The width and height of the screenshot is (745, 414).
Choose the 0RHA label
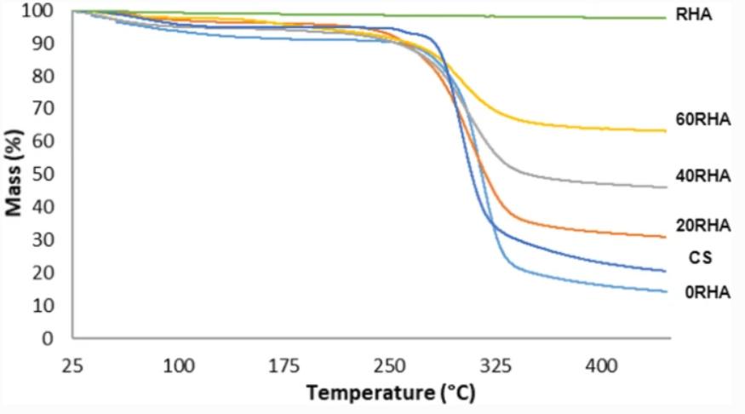(x=707, y=293)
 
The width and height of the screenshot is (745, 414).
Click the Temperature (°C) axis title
(x=391, y=393)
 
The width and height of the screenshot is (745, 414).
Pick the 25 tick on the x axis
(x=73, y=365)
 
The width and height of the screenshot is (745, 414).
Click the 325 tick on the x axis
(x=496, y=365)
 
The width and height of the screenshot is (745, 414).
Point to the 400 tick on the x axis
(x=601, y=365)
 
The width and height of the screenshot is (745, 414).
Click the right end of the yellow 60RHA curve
(x=665, y=130)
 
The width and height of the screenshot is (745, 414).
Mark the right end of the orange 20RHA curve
(x=665, y=237)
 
